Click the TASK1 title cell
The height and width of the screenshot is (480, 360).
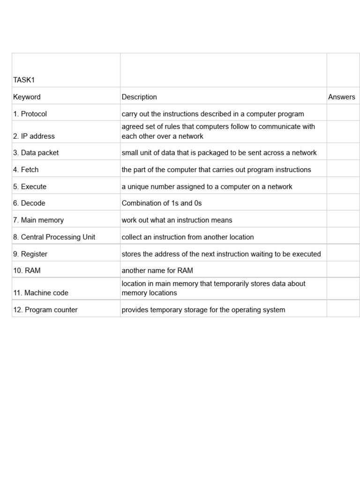point(24,80)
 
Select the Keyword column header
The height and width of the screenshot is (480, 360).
point(27,97)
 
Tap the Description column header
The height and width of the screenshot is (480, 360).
point(139,97)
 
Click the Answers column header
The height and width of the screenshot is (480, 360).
point(341,97)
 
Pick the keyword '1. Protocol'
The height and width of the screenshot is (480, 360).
point(30,114)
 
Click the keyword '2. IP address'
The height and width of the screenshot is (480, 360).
point(34,136)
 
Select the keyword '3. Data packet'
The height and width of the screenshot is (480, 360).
point(36,153)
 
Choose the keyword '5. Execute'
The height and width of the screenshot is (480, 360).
point(30,187)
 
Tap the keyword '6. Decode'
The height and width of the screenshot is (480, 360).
point(29,203)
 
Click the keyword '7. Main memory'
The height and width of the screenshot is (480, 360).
point(38,220)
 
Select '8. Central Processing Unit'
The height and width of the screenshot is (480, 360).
point(54,237)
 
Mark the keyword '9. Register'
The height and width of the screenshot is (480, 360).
point(30,254)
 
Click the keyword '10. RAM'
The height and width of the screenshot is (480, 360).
point(27,270)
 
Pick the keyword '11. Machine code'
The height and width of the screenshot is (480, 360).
point(41,293)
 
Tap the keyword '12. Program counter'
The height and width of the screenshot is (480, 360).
point(45,310)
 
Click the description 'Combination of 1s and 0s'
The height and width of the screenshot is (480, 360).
point(162,203)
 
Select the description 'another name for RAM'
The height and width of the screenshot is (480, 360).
point(157,270)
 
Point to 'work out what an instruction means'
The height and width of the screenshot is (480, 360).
point(177,220)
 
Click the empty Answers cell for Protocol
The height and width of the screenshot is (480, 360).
point(343,114)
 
